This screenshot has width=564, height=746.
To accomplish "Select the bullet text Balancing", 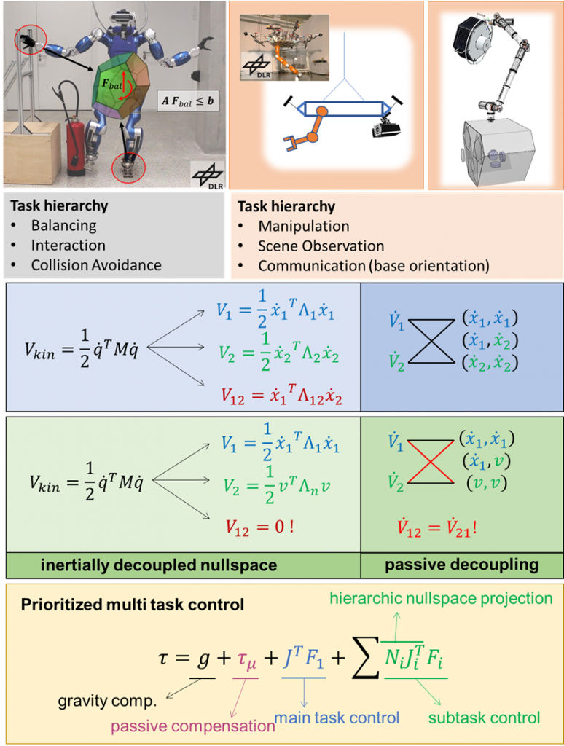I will click(x=63, y=226).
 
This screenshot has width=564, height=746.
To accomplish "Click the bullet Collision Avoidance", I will click(x=95, y=265).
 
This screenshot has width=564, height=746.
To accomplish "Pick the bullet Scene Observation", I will click(x=321, y=246).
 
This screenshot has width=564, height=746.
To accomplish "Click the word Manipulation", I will click(x=303, y=227).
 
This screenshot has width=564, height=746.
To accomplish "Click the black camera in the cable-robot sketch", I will click(x=386, y=130).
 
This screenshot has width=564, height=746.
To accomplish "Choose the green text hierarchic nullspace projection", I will click(x=441, y=599).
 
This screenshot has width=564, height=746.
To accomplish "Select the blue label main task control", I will click(x=337, y=718).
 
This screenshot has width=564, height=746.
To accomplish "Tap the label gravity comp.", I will click(x=109, y=702).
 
